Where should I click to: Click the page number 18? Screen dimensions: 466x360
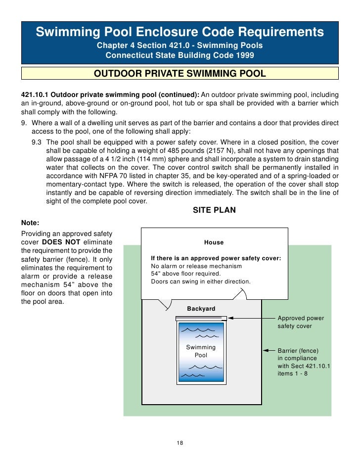[x=180, y=442]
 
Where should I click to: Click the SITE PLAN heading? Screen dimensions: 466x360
[x=214, y=210]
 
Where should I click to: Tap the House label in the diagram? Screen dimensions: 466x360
[x=214, y=242]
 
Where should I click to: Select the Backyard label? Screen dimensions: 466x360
[x=201, y=309]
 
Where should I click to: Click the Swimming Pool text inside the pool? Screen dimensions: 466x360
[x=201, y=351]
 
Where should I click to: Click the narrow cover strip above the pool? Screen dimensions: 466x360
[x=201, y=318]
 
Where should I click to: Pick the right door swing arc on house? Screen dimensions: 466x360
[x=239, y=295]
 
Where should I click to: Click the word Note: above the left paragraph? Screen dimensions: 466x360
[x=30, y=223]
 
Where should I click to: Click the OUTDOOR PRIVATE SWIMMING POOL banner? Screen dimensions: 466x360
[x=180, y=74]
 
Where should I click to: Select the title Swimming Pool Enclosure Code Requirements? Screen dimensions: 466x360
[x=180, y=33]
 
